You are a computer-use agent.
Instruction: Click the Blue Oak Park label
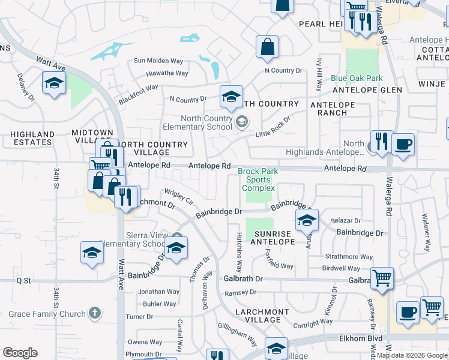pyautogui.click(x=357, y=79)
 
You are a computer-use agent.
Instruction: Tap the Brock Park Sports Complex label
pyautogui.click(x=258, y=179)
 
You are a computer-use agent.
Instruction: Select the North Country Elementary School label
pyautogui.click(x=197, y=122)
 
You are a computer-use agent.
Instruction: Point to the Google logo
pyautogui.click(x=20, y=353)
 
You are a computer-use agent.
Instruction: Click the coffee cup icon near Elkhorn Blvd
pyautogui.click(x=408, y=313)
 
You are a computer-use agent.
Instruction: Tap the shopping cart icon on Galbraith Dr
pyautogui.click(x=381, y=278)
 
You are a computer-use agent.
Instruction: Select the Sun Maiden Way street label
pyautogui.click(x=158, y=61)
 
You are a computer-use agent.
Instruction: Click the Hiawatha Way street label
pyautogui.click(x=167, y=73)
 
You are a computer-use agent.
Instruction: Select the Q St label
pyautogui.click(x=23, y=280)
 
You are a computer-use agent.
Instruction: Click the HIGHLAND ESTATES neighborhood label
pyautogui.click(x=26, y=138)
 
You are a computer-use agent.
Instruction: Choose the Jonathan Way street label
pyautogui.click(x=158, y=292)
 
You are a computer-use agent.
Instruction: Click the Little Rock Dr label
pyautogui.click(x=274, y=127)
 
